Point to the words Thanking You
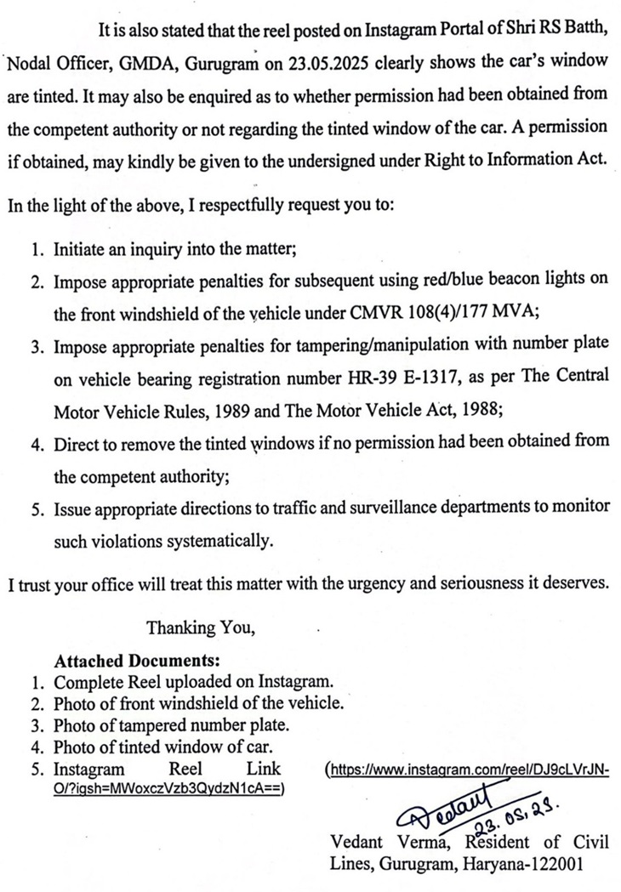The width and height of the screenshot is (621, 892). click(x=201, y=628)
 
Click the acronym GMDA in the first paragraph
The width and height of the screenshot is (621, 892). click(x=128, y=63)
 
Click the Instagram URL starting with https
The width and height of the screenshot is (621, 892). click(x=469, y=770)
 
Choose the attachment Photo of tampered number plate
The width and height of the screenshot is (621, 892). click(x=171, y=725)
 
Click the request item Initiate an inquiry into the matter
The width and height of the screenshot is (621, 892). click(x=176, y=251)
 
